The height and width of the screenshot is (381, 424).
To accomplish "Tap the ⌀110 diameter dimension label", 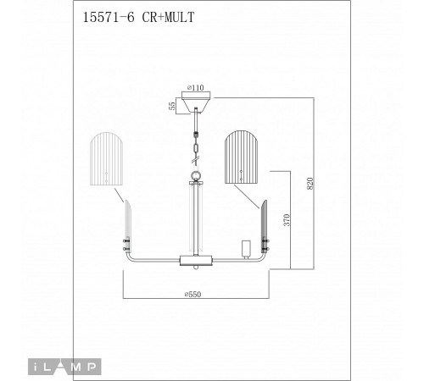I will (197, 86).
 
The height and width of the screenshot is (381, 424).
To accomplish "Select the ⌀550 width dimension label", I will (196, 294).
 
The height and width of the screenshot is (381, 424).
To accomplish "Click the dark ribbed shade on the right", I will (241, 157).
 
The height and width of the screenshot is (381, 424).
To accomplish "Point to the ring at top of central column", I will (196, 176).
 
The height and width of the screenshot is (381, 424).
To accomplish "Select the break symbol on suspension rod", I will (197, 152).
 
